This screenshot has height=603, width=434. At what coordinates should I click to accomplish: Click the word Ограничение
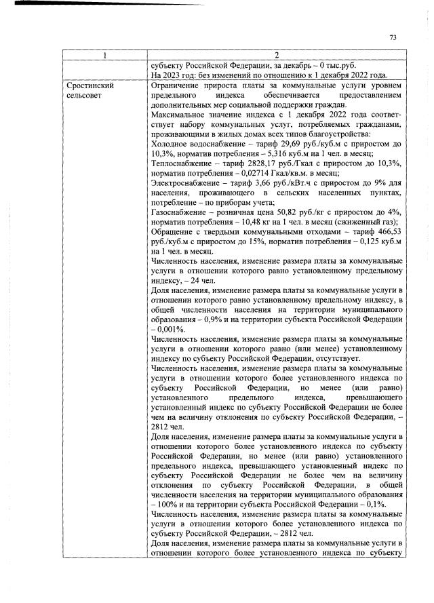[x=178, y=86]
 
